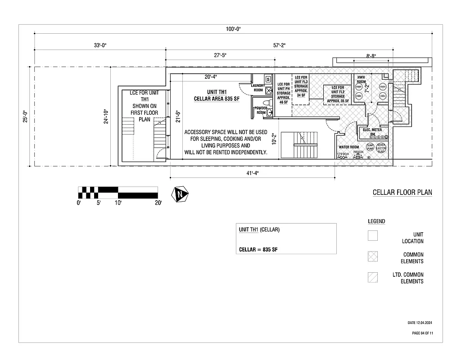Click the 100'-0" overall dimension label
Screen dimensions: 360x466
point(234,29)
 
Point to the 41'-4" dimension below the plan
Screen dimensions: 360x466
point(252,173)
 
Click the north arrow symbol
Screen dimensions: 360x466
point(181,194)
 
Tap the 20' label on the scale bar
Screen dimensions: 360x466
point(158,203)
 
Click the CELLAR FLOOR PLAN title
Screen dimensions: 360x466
point(402,193)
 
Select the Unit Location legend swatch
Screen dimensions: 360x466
point(372,235)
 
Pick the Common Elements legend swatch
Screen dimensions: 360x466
point(372,256)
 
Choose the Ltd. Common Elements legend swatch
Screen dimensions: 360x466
point(372,277)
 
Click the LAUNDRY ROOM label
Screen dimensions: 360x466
point(258,88)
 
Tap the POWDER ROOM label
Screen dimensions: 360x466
point(261,110)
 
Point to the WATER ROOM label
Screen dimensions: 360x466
point(348,147)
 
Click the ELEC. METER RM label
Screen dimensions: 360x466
point(372,132)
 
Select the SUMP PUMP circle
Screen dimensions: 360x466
point(370,147)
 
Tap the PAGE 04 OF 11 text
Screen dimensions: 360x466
point(422,333)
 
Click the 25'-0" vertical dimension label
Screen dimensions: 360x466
point(26,117)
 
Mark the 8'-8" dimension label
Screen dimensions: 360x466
point(371,56)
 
